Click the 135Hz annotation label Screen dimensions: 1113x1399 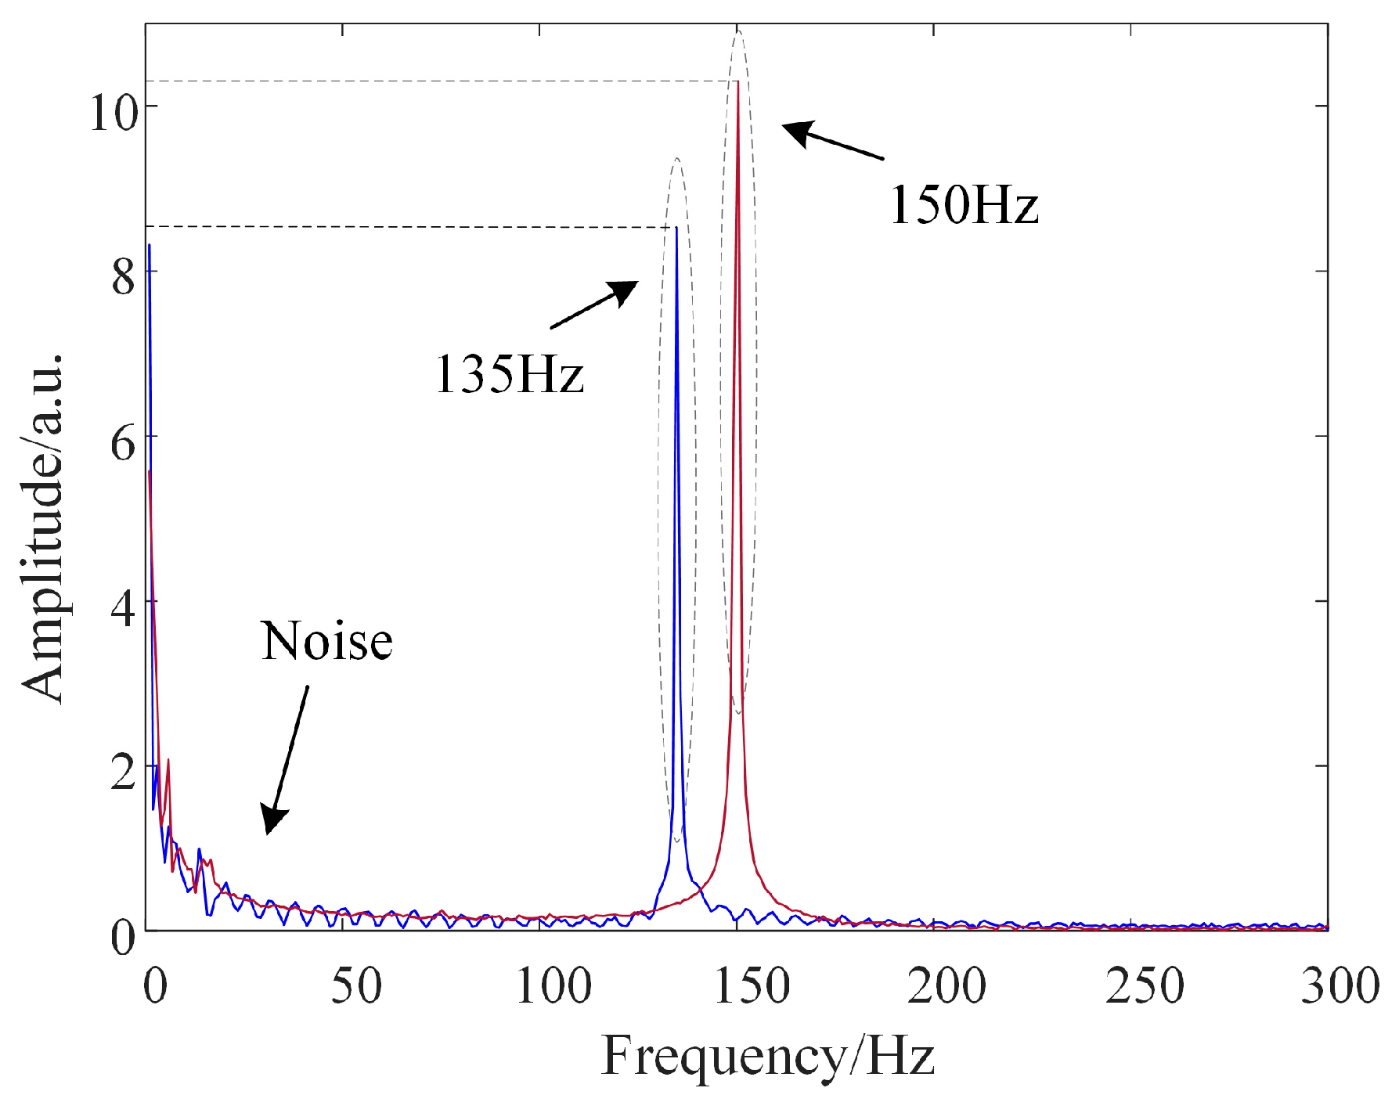(510, 374)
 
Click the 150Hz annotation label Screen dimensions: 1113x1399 (964, 205)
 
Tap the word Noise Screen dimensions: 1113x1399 (326, 641)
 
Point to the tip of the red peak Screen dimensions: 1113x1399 (737, 81)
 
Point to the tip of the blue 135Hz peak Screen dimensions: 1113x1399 (676, 228)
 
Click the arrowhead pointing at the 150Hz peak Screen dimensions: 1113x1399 (797, 131)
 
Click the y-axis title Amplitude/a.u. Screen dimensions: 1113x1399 (43, 528)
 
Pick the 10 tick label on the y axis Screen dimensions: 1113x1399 (114, 112)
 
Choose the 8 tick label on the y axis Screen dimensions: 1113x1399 (124, 277)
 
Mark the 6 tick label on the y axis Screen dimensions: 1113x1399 (124, 444)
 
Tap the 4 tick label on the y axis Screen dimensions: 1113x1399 (124, 608)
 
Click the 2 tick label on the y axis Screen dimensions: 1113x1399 (124, 773)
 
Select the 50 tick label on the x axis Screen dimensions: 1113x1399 (356, 986)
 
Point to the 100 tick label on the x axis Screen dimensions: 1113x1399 (553, 986)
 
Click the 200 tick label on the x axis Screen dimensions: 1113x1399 (946, 986)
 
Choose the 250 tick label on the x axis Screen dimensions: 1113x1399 (1144, 986)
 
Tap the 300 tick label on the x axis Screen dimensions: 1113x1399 (1340, 986)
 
